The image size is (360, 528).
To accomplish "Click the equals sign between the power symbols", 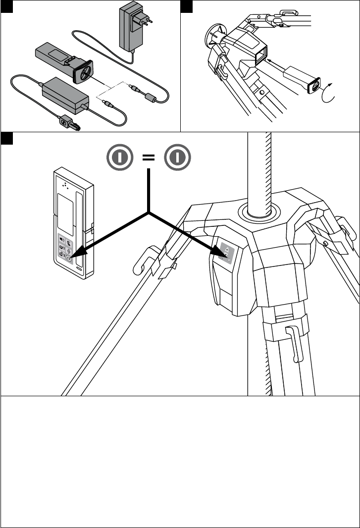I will click(x=149, y=158).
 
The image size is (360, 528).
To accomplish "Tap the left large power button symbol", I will click(x=119, y=158).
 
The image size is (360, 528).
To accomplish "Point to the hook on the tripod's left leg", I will click(x=144, y=263).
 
